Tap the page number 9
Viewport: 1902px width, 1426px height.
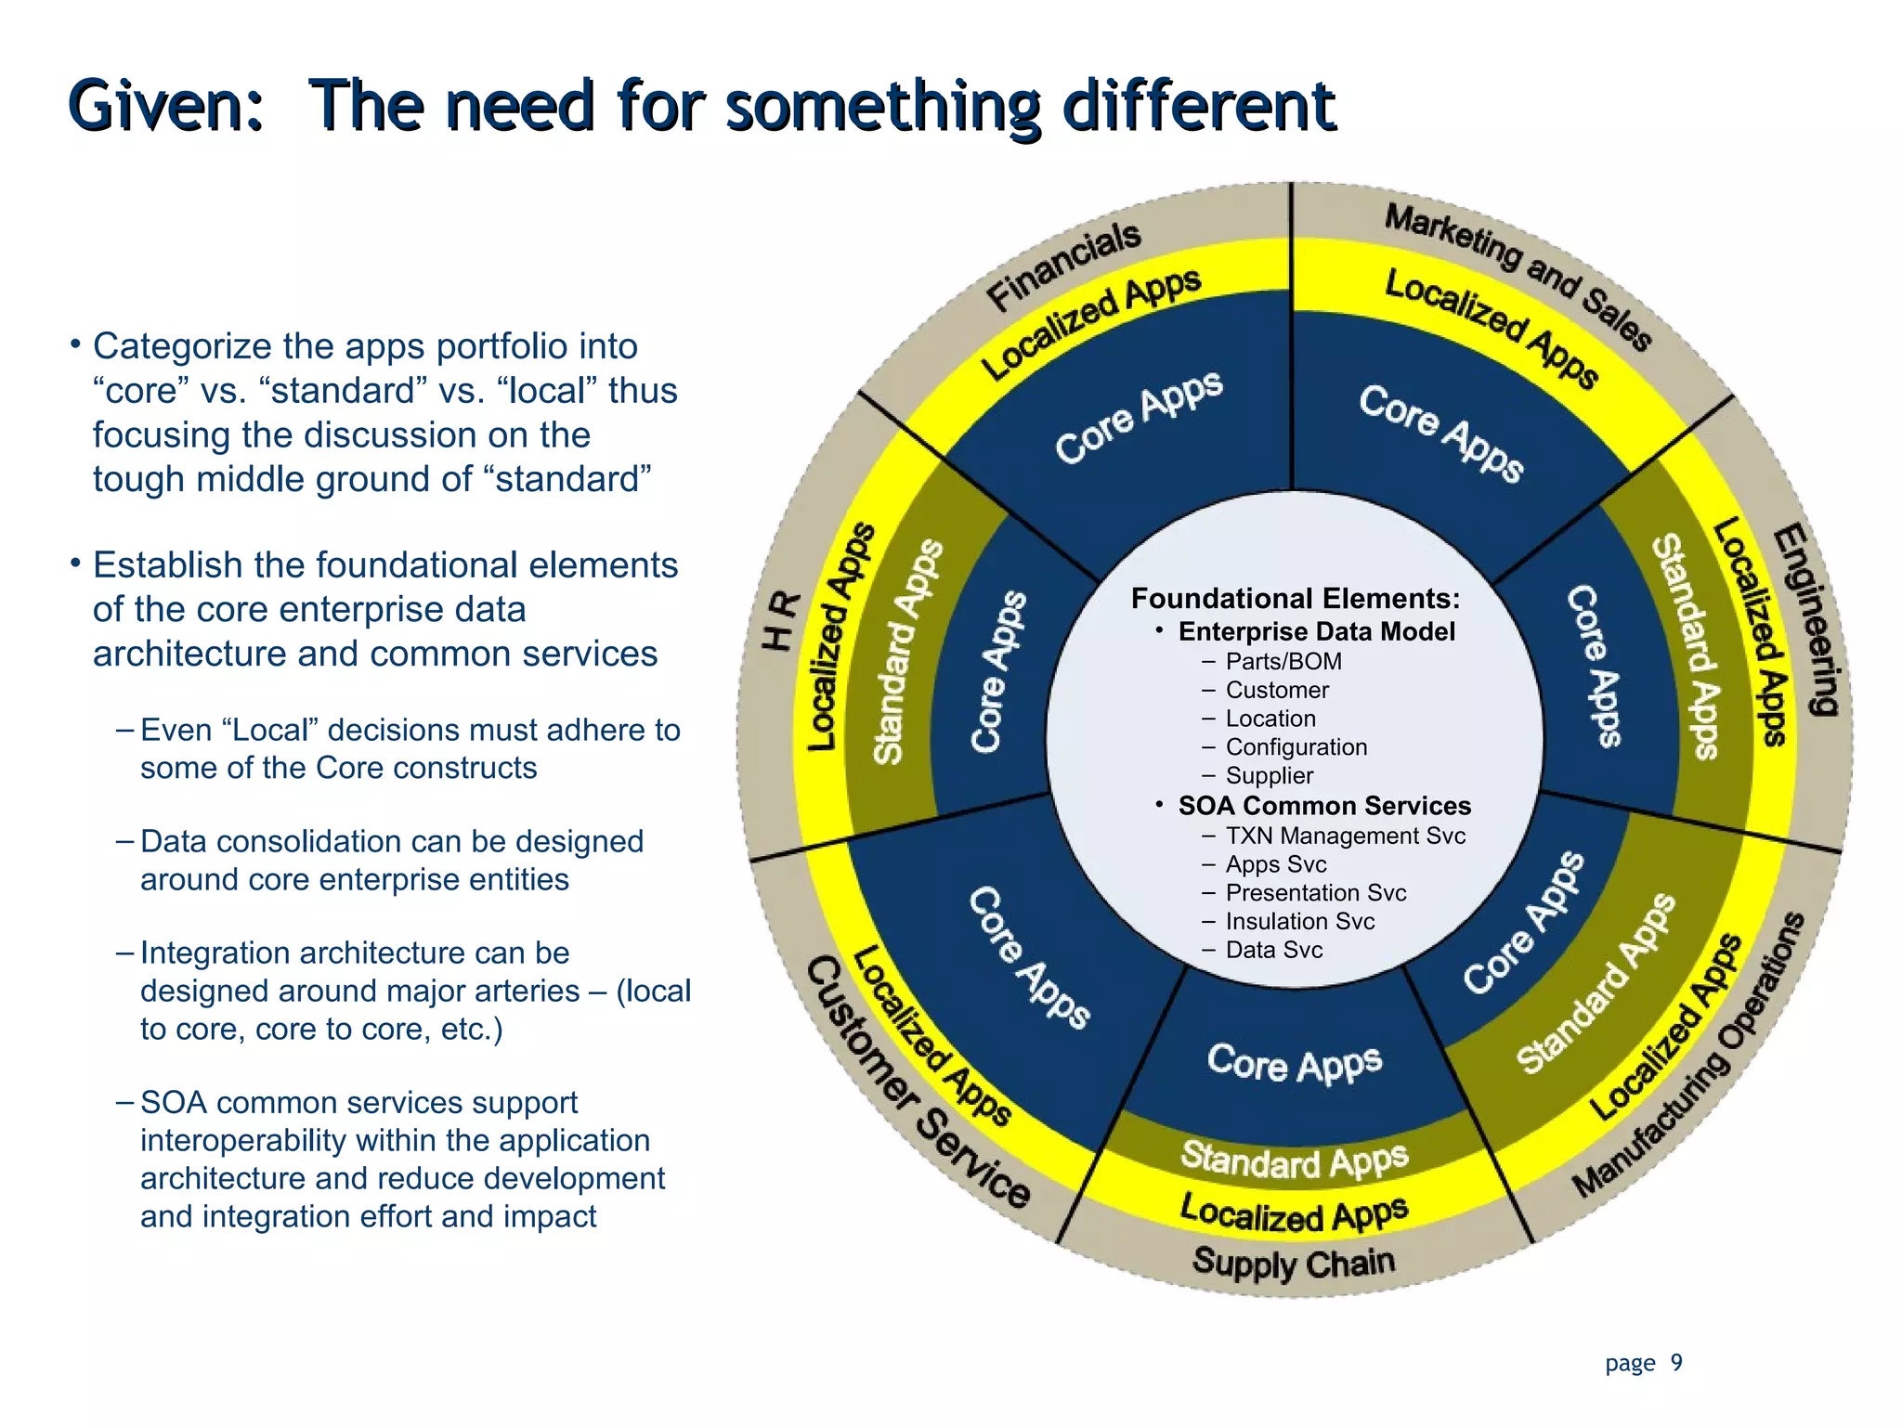click(x=1676, y=1362)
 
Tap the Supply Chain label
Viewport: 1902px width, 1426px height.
click(x=1294, y=1263)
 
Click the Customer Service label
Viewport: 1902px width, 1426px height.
click(x=916, y=1082)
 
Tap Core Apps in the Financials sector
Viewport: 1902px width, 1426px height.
click(x=1139, y=417)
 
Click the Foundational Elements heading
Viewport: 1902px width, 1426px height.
click(x=1295, y=598)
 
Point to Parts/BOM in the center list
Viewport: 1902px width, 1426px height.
click(x=1283, y=662)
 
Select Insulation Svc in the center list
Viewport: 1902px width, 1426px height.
click(x=1299, y=921)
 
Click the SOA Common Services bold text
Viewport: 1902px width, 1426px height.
click(x=1323, y=805)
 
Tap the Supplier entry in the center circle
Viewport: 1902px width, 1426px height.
click(x=1269, y=775)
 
